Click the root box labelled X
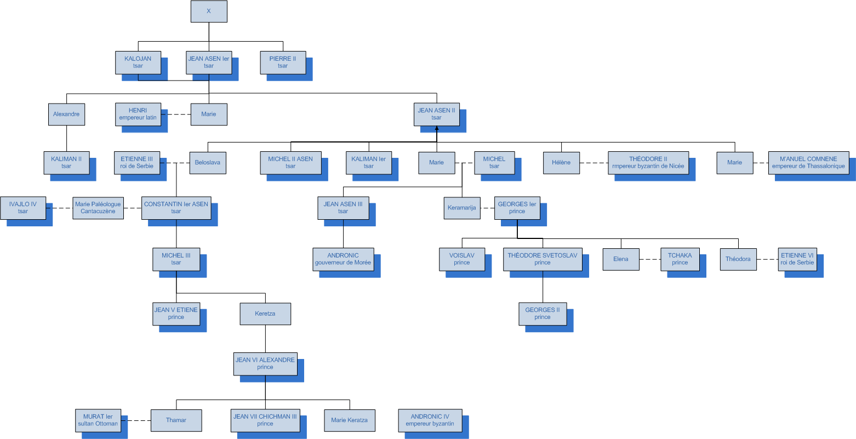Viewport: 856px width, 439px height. coord(209,12)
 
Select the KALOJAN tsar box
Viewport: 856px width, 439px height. coord(138,62)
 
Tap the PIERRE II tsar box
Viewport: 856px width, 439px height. coord(283,62)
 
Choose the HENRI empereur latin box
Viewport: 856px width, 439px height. coord(138,114)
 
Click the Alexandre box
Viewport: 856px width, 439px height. coord(66,115)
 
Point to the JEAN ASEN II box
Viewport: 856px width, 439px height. coord(436,114)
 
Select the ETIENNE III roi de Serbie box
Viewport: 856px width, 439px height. coord(137,163)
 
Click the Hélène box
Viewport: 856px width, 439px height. coord(561,163)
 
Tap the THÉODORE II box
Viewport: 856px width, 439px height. coord(648,163)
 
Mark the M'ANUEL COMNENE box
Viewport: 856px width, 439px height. coord(808,163)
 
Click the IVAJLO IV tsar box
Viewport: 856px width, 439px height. coord(22,208)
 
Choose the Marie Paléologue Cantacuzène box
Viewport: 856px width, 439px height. coord(98,208)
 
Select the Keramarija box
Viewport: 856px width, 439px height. coord(462,208)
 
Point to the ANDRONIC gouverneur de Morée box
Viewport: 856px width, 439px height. coord(343,259)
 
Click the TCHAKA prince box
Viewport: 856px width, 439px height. coord(680,259)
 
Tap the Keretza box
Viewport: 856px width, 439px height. coord(265,314)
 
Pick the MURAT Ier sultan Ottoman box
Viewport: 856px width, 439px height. coord(98,420)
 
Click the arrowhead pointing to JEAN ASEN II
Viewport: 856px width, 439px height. coord(437,128)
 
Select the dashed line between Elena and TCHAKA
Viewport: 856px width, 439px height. coord(650,259)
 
